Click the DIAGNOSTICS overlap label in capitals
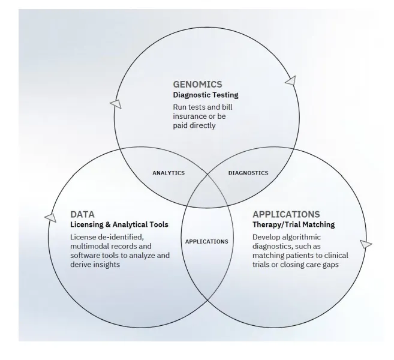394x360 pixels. [248, 173]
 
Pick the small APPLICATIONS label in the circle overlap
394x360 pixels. [206, 241]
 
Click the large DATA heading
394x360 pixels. [82, 214]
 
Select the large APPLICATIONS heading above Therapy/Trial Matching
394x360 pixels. [286, 214]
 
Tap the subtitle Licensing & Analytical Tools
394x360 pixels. [119, 225]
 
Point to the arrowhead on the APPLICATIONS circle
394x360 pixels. [366, 244]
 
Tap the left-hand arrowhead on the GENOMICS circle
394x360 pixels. [116, 104]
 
